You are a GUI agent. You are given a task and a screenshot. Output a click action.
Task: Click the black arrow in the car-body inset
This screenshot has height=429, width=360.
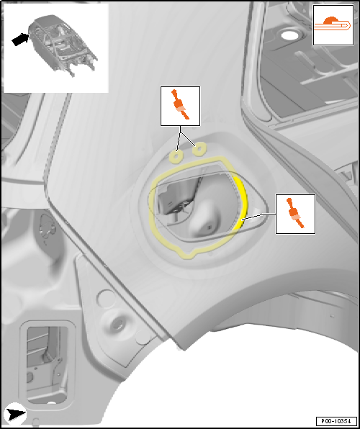tap(21, 40)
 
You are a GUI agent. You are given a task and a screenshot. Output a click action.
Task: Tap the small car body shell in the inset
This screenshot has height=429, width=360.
tap(63, 45)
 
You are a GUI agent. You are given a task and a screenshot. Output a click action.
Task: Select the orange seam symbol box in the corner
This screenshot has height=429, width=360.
tap(333, 25)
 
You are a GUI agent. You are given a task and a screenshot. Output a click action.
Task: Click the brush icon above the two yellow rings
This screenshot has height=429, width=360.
tap(180, 106)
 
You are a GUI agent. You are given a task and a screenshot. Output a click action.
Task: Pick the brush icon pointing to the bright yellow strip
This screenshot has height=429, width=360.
tap(295, 214)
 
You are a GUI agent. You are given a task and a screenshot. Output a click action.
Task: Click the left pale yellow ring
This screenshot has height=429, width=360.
tap(176, 156)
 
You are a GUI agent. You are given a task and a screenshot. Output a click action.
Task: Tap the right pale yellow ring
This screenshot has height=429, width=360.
tap(199, 149)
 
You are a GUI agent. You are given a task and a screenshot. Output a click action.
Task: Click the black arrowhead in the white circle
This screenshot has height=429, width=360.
tap(16, 415)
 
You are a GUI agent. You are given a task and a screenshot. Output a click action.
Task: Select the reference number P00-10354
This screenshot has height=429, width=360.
tap(336, 421)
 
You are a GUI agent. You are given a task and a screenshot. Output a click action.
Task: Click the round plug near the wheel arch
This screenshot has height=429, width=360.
tap(118, 325)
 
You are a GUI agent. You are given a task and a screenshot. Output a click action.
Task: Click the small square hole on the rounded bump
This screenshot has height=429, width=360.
tap(210, 227)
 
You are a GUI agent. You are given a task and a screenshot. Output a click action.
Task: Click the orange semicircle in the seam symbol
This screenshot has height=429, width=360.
tap(330, 21)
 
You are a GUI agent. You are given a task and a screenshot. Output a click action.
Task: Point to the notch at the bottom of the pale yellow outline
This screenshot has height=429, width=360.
tap(193, 254)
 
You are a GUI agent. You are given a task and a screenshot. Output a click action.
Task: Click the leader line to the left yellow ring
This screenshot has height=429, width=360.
tap(179, 138)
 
